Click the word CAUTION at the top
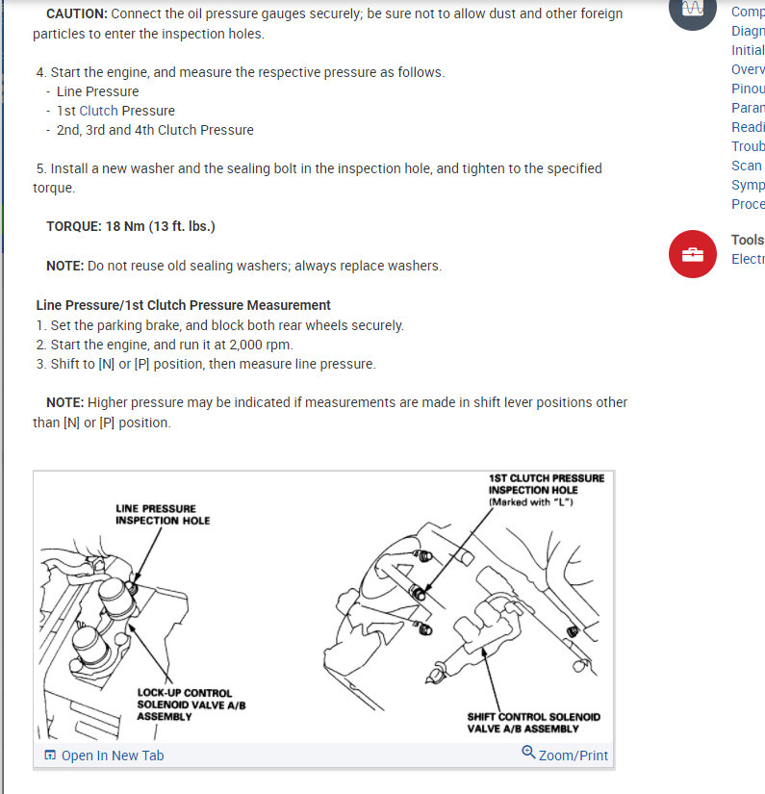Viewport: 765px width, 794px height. coord(76,14)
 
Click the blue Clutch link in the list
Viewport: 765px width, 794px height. coord(98,111)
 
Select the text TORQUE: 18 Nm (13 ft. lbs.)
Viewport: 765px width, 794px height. coord(130,226)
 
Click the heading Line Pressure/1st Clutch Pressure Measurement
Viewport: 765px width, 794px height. coord(183,305)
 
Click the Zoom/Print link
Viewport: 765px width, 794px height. coord(574,756)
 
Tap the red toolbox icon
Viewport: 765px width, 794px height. coord(693,255)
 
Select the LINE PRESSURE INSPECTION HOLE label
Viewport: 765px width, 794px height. coord(163,514)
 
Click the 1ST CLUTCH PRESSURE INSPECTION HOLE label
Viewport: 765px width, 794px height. coord(547,483)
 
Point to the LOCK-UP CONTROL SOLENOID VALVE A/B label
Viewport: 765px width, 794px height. coord(184,704)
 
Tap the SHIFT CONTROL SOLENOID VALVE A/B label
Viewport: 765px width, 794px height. coord(532,723)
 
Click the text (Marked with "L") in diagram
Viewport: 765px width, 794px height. coord(531,502)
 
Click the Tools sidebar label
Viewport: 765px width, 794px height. coord(748,240)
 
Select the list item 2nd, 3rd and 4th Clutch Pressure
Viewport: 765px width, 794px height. coord(155,130)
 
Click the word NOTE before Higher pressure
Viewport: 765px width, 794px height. coord(64,402)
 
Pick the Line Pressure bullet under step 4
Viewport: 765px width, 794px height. coord(97,91)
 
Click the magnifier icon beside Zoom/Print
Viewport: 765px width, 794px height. coord(528,753)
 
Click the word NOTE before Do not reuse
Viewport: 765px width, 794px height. coord(64,266)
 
